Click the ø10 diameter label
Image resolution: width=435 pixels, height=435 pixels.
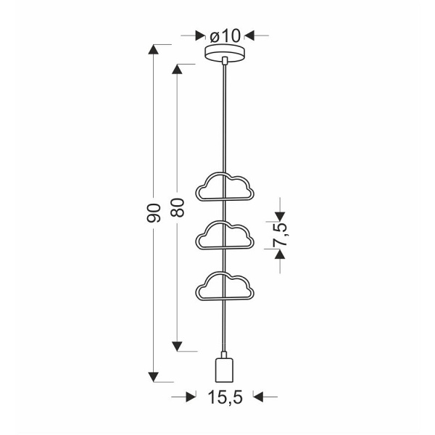[225, 35]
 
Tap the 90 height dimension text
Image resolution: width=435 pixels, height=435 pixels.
[152, 212]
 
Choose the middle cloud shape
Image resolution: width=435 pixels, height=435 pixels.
[225, 236]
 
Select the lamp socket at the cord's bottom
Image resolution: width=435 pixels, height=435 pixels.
[225, 369]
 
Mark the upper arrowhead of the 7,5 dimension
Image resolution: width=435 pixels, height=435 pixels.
[280, 215]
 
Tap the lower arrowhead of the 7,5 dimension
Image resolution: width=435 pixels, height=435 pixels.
[280, 254]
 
